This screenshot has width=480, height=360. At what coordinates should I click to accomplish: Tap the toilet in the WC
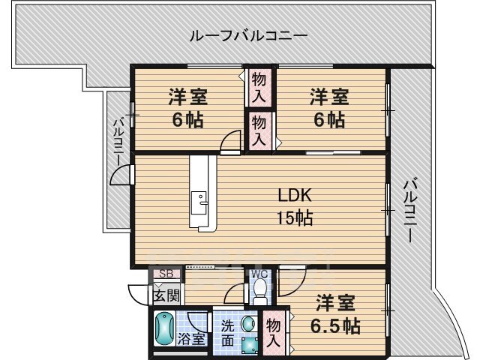click(x=260, y=288)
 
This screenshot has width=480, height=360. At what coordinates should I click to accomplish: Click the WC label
click(x=259, y=273)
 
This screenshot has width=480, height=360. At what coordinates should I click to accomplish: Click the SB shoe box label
click(x=166, y=274)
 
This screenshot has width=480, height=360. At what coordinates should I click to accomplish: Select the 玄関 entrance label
click(x=166, y=295)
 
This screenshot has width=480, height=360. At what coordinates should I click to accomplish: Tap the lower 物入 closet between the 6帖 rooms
click(x=259, y=130)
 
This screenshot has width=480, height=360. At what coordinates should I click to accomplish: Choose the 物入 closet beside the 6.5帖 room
click(x=273, y=333)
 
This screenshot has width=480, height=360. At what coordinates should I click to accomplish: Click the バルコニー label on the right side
click(x=410, y=210)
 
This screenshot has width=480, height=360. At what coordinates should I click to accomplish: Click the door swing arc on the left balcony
click(x=119, y=175)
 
